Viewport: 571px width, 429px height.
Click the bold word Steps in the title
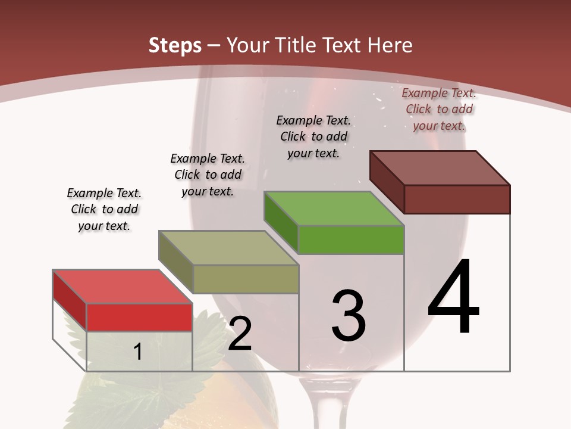[x=175, y=45]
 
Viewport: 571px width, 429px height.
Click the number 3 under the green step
[x=349, y=315]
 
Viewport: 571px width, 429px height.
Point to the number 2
[x=240, y=334]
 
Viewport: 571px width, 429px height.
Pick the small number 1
[x=138, y=352]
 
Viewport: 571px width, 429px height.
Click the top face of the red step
[x=122, y=287]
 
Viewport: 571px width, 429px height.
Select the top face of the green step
[x=334, y=209]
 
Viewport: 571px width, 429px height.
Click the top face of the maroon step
[x=440, y=168]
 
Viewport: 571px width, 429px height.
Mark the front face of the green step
[x=351, y=240]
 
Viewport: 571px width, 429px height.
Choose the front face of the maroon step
[x=457, y=199]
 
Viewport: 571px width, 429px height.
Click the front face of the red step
[x=139, y=317]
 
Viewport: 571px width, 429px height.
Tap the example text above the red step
[x=104, y=209]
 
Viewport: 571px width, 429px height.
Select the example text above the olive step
[x=208, y=175]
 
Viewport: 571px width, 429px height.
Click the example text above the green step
[x=313, y=136]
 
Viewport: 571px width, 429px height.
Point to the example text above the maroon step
[x=439, y=109]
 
